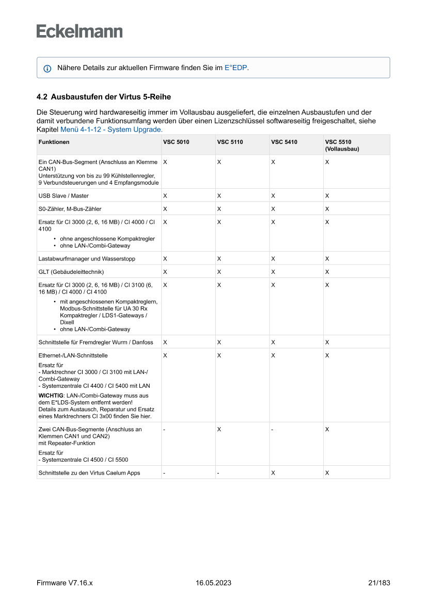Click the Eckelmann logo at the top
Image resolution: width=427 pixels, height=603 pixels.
80,31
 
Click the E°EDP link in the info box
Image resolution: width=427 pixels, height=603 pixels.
236,68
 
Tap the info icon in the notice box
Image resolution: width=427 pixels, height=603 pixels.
48,68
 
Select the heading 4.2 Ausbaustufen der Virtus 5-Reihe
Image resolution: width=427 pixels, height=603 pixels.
103,96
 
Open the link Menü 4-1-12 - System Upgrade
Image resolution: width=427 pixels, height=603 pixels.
112,129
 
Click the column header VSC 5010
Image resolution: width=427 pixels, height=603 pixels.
176,142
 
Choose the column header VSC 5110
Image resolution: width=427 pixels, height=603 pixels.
230,142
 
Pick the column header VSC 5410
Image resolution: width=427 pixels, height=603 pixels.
284,142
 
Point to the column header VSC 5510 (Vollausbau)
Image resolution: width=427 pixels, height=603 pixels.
341,145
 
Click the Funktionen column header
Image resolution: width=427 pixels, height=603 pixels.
54,142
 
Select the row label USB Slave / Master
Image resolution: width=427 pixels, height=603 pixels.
64,195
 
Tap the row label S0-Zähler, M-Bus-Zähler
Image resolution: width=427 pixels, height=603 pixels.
70,209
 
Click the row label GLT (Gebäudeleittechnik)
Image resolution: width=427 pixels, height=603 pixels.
71,271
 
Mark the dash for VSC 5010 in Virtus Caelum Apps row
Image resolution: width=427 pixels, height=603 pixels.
164,473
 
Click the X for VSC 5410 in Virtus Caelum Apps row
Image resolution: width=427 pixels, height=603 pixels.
273,473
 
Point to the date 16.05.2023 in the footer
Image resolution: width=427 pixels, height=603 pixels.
213,583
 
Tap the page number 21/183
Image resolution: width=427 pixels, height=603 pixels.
379,583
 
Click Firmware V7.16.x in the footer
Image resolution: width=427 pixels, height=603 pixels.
65,583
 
